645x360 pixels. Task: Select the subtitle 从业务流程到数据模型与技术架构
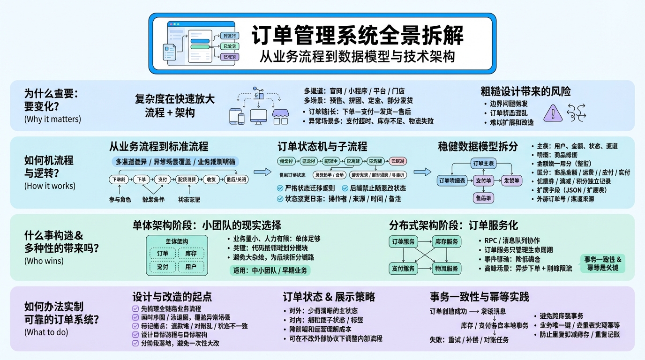pos(357,57)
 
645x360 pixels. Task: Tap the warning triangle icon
pos(553,113)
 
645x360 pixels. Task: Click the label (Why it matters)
pos(52,119)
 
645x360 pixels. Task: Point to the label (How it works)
pos(50,186)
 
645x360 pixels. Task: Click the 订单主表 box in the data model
pos(482,164)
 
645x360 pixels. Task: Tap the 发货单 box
pos(511,180)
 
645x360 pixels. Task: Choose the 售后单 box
pos(483,198)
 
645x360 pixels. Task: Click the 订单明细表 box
pos(452,180)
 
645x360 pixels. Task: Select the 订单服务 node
pos(403,242)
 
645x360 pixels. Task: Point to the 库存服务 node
pos(446,242)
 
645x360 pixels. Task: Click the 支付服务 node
pos(403,269)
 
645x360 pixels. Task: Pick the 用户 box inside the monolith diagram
pos(191,267)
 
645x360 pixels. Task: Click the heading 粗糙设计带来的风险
pos(525,91)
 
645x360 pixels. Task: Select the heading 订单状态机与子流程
pos(322,147)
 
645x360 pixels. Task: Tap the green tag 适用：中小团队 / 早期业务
pos(270,270)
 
